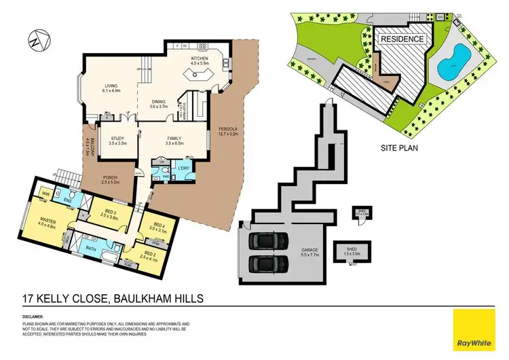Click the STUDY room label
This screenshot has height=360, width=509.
tap(118, 140)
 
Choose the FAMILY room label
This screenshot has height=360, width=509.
tap(175, 140)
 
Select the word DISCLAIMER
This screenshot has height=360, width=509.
tap(33, 317)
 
